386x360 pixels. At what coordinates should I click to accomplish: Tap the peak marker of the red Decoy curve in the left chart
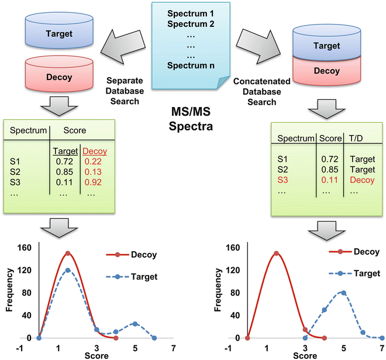pyautogui.click(x=68, y=253)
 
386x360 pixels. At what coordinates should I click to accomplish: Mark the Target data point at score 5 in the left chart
pyautogui.click(x=135, y=323)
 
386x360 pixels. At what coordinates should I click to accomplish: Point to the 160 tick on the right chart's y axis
pyautogui.click(x=233, y=247)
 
